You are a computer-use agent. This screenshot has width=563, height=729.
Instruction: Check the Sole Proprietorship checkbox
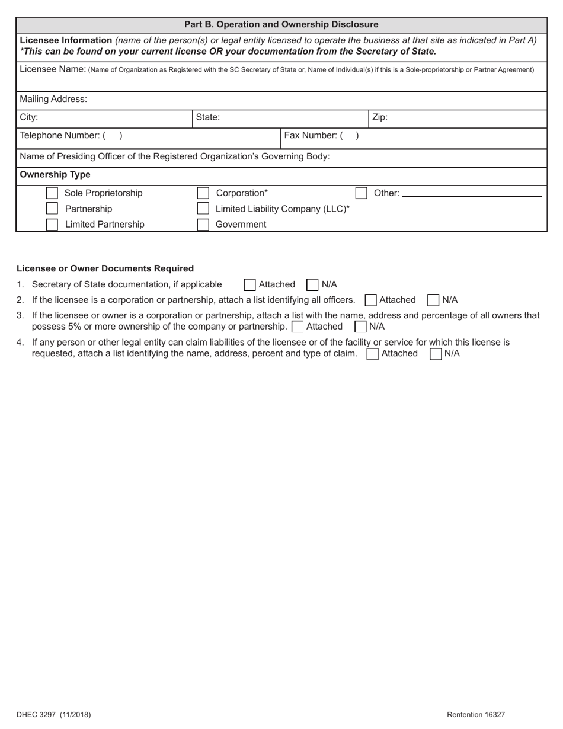click(x=52, y=193)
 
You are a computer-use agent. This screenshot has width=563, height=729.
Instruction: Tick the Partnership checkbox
click(x=52, y=209)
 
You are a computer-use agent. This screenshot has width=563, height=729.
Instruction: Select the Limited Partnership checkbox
click(x=52, y=225)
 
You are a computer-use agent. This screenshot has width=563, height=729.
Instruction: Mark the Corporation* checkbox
click(x=203, y=193)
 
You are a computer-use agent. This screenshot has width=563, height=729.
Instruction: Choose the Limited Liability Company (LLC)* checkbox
click(x=203, y=209)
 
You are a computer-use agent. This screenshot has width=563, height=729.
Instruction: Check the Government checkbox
click(x=203, y=225)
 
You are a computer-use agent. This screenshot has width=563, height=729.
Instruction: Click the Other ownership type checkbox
click(x=361, y=193)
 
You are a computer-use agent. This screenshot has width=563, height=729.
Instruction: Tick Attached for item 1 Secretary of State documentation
click(x=249, y=285)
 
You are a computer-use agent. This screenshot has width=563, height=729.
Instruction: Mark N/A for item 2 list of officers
click(x=433, y=300)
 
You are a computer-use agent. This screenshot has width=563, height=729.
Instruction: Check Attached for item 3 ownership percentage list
click(x=298, y=327)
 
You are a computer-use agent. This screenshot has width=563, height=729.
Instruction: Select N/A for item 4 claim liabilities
click(x=436, y=354)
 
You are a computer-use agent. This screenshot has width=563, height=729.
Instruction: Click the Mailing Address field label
click(x=53, y=100)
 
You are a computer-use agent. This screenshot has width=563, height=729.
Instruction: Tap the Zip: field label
click(x=380, y=117)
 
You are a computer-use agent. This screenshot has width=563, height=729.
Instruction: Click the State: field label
click(x=208, y=117)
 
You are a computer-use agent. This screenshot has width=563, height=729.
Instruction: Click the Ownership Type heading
click(x=55, y=175)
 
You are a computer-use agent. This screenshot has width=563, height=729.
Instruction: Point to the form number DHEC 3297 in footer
click(x=54, y=715)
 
